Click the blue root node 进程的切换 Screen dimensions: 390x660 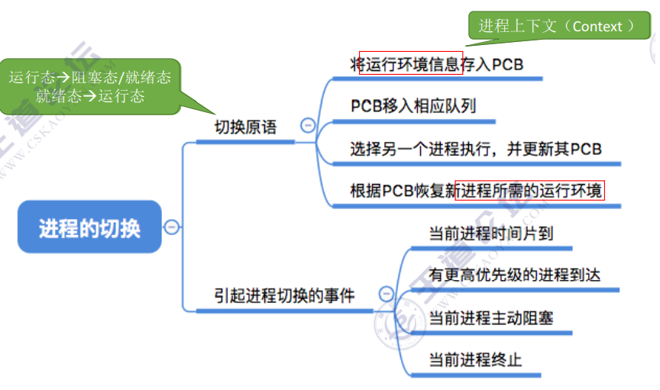(x=89, y=227)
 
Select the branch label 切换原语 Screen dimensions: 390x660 (x=244, y=127)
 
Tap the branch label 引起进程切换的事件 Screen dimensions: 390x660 (x=284, y=295)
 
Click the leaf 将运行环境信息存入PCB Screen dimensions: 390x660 (x=437, y=64)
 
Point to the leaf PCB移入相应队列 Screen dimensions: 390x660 (x=412, y=105)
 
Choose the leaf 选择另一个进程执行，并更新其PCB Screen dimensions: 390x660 (x=476, y=148)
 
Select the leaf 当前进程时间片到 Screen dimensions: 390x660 (x=490, y=233)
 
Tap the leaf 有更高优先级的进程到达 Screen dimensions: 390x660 (x=514, y=275)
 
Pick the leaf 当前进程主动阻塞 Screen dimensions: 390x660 (x=490, y=317)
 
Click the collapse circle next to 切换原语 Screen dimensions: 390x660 (x=309, y=126)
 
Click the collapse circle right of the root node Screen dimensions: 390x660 (x=173, y=227)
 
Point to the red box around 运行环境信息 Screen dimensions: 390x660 (x=411, y=63)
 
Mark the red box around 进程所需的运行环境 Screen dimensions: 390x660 (x=529, y=190)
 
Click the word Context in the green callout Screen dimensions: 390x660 (x=597, y=26)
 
